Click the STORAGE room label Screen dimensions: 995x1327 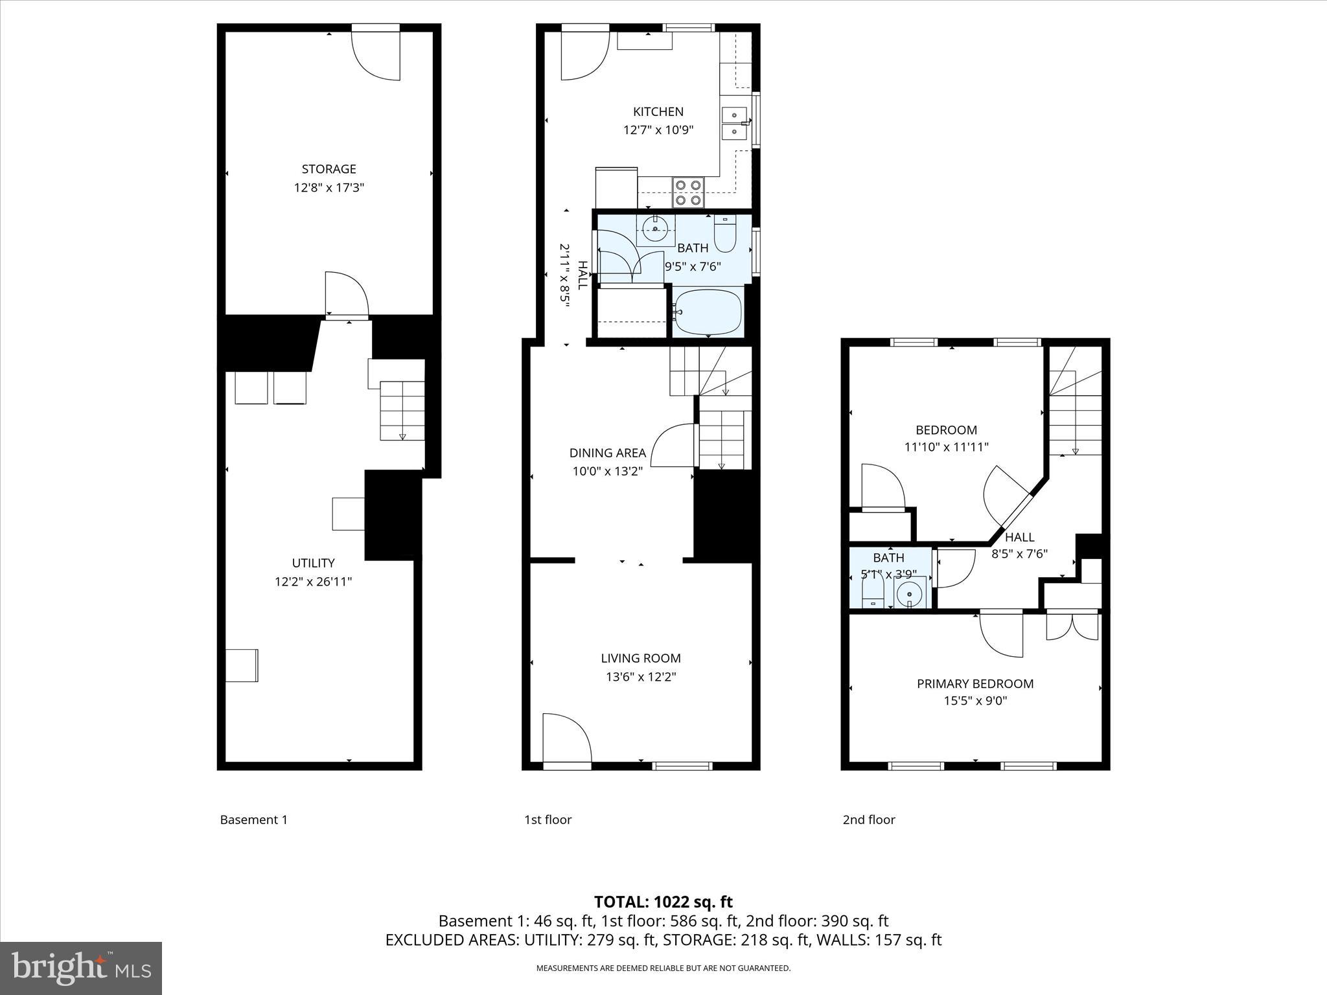(x=329, y=169)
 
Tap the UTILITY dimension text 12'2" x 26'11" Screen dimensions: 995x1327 (x=313, y=582)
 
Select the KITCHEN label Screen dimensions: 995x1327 (x=658, y=111)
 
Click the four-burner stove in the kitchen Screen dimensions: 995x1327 (x=687, y=192)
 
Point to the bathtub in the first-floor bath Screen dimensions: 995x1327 (x=708, y=312)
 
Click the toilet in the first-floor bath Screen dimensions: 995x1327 (x=724, y=234)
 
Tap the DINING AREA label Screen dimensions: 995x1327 (x=607, y=453)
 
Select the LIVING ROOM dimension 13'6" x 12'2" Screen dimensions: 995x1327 (x=640, y=677)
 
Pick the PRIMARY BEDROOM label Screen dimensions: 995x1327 (x=975, y=683)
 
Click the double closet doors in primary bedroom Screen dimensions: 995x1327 (x=1073, y=626)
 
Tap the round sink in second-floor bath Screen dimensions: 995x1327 (x=910, y=593)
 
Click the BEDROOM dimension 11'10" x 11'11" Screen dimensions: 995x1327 (x=946, y=447)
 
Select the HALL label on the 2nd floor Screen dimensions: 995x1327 (x=1019, y=537)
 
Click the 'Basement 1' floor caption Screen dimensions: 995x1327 (x=253, y=819)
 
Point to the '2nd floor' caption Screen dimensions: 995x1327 (x=868, y=819)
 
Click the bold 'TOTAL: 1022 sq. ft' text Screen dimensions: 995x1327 (x=663, y=902)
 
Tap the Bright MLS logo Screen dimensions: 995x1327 (x=81, y=968)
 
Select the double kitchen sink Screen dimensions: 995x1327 (x=733, y=123)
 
